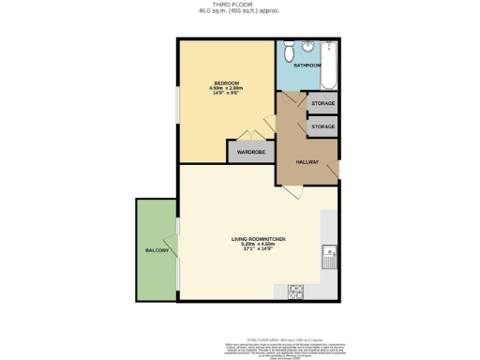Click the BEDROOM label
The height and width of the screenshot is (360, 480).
[227, 83]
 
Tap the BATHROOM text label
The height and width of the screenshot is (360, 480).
[307, 66]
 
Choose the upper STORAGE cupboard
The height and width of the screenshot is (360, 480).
[322, 103]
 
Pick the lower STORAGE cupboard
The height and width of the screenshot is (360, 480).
[322, 125]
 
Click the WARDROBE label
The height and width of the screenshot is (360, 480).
[249, 152]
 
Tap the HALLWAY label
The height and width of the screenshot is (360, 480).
[308, 162]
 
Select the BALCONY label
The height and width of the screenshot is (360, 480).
[156, 251]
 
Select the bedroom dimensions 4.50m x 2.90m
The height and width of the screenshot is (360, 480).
[227, 89]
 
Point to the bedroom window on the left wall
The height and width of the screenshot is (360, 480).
[179, 103]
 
